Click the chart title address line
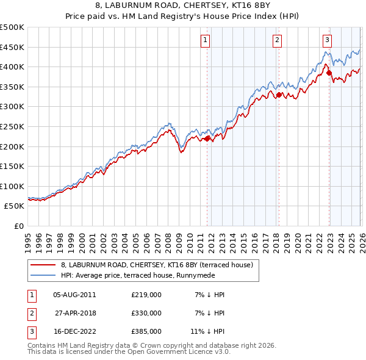(x=183, y=7)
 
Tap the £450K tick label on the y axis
(x=12, y=47)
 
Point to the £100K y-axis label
(x=12, y=186)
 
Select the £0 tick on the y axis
(x=18, y=226)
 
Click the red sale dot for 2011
(x=207, y=139)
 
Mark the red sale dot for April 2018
(x=279, y=95)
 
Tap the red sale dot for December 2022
(x=329, y=73)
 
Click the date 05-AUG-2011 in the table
(x=74, y=295)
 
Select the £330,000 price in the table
(x=146, y=313)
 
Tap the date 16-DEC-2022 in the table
(x=74, y=331)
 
